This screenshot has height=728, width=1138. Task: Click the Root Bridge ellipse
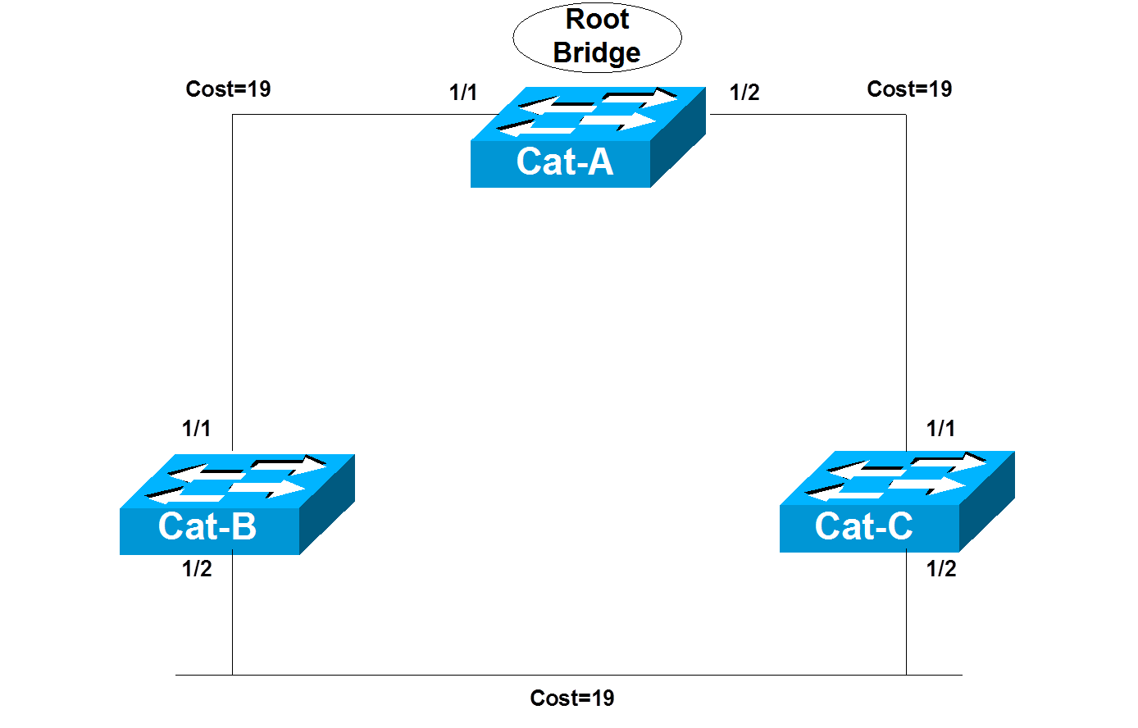tap(597, 38)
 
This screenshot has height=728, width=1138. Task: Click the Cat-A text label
tap(565, 162)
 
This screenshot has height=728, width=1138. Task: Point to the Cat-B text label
tap(207, 526)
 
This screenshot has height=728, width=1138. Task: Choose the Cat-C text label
tap(863, 526)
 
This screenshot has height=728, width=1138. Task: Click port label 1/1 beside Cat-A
tap(463, 93)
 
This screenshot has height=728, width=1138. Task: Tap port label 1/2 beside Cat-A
tap(744, 93)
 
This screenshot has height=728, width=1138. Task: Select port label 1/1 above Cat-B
tap(197, 428)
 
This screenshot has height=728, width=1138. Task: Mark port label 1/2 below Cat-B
tap(197, 569)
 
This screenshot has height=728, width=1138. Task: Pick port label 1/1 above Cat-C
tap(940, 428)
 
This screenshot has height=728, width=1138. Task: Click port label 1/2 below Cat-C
tap(941, 569)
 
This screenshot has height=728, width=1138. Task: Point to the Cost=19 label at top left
tap(228, 89)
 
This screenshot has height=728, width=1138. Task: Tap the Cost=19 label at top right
tap(909, 89)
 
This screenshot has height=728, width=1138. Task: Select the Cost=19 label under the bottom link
tap(572, 698)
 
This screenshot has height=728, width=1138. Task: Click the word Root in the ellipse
tap(598, 20)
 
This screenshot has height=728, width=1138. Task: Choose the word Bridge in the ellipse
tap(597, 52)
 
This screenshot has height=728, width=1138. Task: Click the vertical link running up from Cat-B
tap(233, 279)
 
